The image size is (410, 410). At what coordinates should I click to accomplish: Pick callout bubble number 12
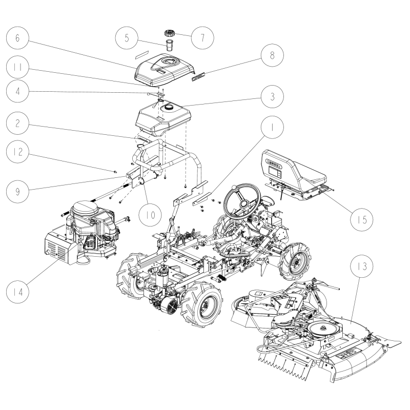click(17, 154)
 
